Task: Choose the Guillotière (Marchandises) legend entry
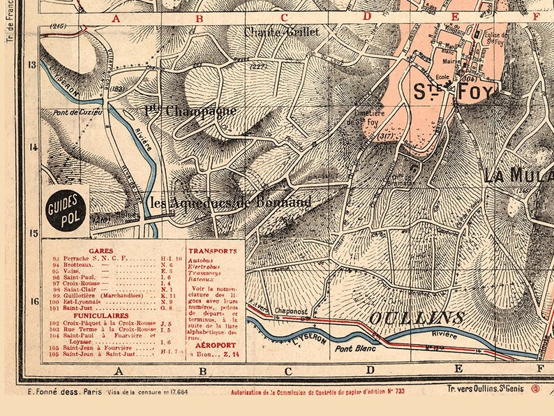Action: [x=105, y=296]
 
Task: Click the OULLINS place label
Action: [x=406, y=317]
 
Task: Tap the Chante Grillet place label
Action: [x=281, y=32]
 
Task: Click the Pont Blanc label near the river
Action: [x=356, y=347]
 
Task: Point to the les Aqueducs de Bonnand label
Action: [x=231, y=202]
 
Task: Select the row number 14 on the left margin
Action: [x=31, y=147]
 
